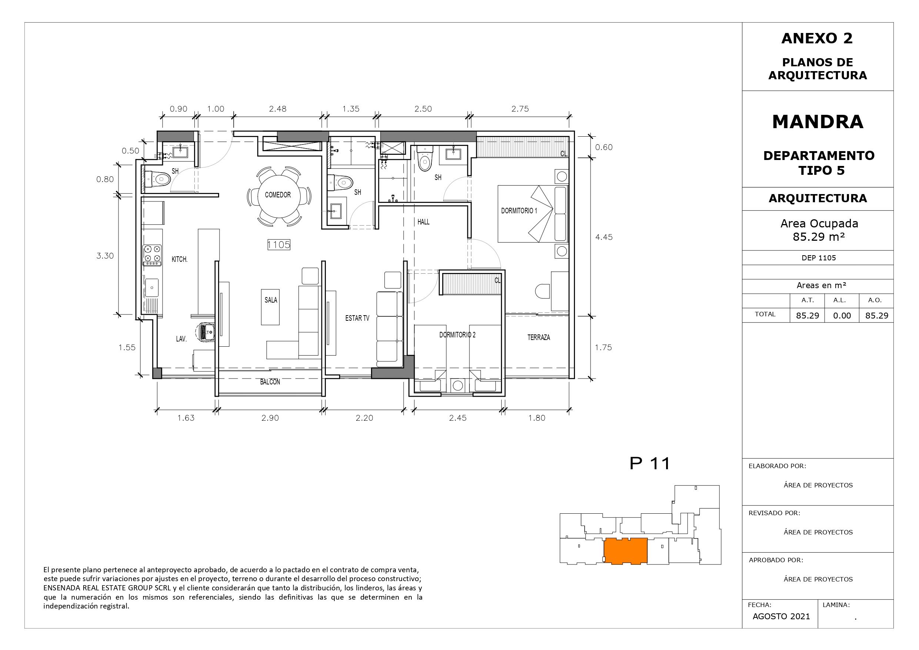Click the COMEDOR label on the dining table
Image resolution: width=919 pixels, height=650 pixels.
pos(278,195)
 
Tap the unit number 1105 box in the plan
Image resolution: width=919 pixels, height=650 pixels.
pos(278,244)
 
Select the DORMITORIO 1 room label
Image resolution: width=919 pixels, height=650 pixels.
pos(519,211)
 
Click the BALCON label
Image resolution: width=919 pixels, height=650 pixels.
pos(270,382)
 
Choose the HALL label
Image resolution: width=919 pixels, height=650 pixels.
pos(424,222)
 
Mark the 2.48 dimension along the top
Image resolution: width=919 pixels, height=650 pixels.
pos(278,109)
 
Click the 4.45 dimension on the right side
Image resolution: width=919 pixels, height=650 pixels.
pos(604,237)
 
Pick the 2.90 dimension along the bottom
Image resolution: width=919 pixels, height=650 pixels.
pos(270,418)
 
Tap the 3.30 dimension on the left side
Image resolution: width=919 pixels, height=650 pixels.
pos(105,256)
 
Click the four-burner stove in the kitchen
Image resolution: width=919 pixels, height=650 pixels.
pos(153,255)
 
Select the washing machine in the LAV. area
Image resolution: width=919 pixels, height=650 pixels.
pos(207,332)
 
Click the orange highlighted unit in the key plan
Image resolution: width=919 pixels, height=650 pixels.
pos(626,551)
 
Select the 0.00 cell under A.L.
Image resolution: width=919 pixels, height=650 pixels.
pos(842,316)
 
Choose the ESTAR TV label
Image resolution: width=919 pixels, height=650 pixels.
pos(357,319)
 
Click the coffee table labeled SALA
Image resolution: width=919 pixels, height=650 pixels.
pos(271,307)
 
